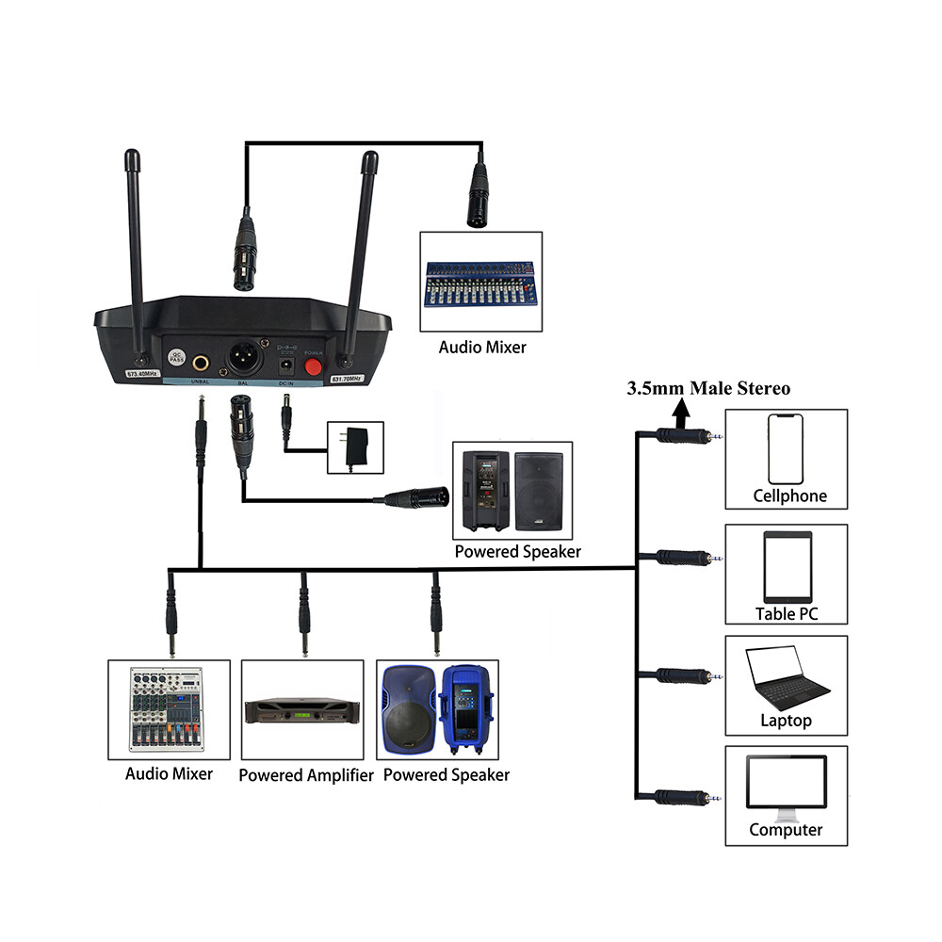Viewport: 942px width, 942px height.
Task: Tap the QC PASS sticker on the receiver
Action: tap(175, 359)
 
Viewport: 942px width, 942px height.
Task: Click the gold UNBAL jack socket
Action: tap(202, 362)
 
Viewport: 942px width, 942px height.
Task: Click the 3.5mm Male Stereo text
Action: tap(709, 388)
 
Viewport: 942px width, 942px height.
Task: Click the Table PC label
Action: tap(787, 614)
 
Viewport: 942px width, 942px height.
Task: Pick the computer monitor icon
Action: tap(786, 782)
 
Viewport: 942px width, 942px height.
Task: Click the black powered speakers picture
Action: tap(512, 493)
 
